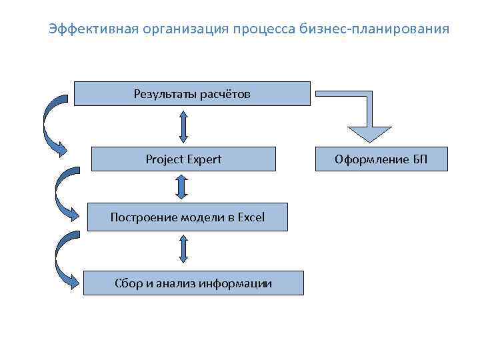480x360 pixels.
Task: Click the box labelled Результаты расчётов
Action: tap(192, 94)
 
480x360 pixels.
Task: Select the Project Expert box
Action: tap(183, 159)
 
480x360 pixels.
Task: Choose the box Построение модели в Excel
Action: tap(187, 217)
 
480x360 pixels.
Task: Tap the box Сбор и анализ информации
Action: tap(193, 283)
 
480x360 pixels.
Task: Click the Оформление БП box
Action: tap(381, 159)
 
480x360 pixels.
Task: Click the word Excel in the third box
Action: tap(251, 217)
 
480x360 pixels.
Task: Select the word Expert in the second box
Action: tap(204, 159)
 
